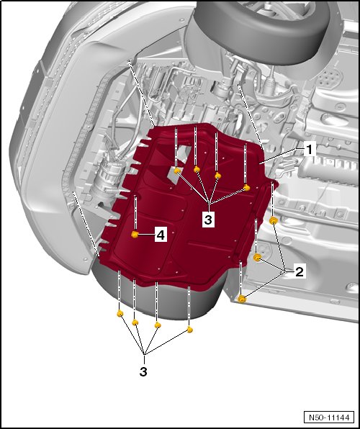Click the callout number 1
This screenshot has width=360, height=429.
(310, 150)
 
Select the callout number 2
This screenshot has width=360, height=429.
(299, 271)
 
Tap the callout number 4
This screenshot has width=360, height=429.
(161, 235)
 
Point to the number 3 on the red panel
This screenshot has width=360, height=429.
(208, 219)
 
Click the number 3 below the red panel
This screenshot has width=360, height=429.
(143, 371)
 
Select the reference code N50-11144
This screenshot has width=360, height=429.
(329, 417)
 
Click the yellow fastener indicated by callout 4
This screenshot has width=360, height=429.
(135, 235)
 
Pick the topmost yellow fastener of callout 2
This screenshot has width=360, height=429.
(273, 220)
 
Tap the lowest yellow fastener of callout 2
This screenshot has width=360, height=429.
(241, 299)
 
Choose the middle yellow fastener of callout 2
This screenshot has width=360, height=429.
(257, 257)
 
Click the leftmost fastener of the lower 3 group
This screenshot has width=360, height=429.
(120, 314)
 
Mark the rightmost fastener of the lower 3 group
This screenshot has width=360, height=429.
(189, 330)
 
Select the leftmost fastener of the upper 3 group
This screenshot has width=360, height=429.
(177, 171)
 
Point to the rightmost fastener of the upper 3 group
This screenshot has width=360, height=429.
(247, 188)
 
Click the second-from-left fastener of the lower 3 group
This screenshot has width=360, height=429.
(135, 322)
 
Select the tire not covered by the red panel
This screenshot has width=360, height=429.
(263, 30)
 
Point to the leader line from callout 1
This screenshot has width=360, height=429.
(282, 155)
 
